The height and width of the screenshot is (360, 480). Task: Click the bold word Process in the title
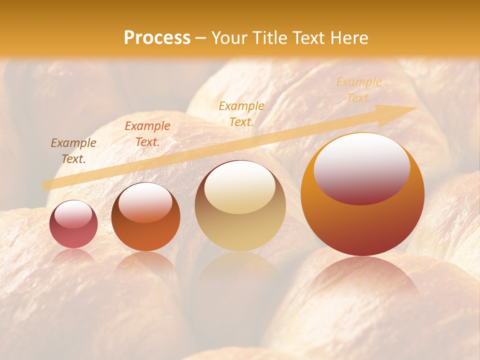[157, 38]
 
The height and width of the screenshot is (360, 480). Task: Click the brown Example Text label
[73, 151]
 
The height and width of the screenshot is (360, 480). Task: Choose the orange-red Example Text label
[147, 134]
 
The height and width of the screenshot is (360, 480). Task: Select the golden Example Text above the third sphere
[241, 114]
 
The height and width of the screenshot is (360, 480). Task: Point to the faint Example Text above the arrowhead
[358, 90]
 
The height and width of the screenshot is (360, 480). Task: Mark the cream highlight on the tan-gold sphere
[239, 187]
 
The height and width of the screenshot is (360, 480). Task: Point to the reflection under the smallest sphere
[73, 255]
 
